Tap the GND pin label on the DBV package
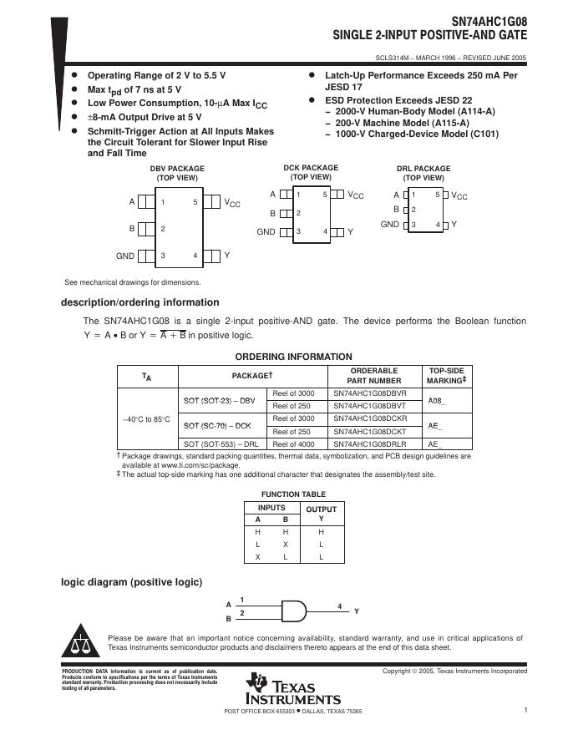click(125, 256)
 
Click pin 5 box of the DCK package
click(337, 195)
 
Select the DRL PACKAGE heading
click(423, 169)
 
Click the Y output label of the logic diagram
click(357, 611)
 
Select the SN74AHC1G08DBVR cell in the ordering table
click(370, 393)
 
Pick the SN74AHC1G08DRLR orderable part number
click(370, 444)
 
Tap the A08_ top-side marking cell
click(436, 399)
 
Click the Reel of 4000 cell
click(294, 444)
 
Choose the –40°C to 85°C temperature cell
click(146, 419)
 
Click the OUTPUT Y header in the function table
click(322, 514)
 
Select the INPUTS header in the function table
click(271, 508)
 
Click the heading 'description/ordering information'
click(140, 302)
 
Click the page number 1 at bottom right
click(526, 711)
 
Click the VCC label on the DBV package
click(231, 203)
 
